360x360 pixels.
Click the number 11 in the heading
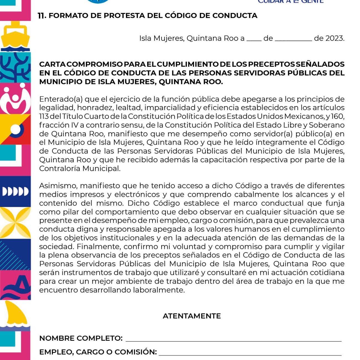[x=42, y=16]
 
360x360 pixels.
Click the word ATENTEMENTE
[x=192, y=316]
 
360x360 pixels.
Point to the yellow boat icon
[x=15, y=36]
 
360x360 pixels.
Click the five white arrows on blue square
[x=15, y=191]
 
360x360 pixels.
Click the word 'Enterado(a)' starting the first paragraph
[x=61, y=99]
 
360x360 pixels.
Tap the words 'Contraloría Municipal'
[x=80, y=168]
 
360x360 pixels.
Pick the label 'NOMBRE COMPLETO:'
[x=81, y=338]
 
